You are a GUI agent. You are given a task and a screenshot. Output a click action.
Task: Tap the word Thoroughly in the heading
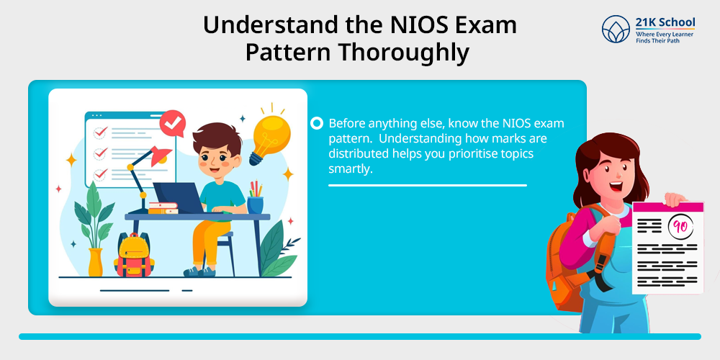click(x=404, y=53)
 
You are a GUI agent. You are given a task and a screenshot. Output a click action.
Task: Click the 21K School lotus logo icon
click(x=616, y=29)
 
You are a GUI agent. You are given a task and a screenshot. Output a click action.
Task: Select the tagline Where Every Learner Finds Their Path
click(x=665, y=37)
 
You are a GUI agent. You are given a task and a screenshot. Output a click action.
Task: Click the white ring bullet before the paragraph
click(x=317, y=124)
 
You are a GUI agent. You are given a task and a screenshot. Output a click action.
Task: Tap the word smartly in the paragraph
click(x=349, y=169)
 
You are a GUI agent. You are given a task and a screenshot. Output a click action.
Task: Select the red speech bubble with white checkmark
click(x=172, y=123)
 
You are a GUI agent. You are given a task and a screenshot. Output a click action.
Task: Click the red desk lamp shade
click(x=160, y=156)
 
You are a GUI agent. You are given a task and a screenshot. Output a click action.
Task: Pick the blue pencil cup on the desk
click(x=256, y=205)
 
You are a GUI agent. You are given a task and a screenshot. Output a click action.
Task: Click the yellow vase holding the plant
click(x=96, y=262)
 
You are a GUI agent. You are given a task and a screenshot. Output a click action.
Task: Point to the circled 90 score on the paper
click(x=680, y=226)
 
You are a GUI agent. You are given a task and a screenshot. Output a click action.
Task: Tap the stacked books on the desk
click(x=163, y=208)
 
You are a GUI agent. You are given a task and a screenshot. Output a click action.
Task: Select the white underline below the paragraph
click(x=428, y=186)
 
